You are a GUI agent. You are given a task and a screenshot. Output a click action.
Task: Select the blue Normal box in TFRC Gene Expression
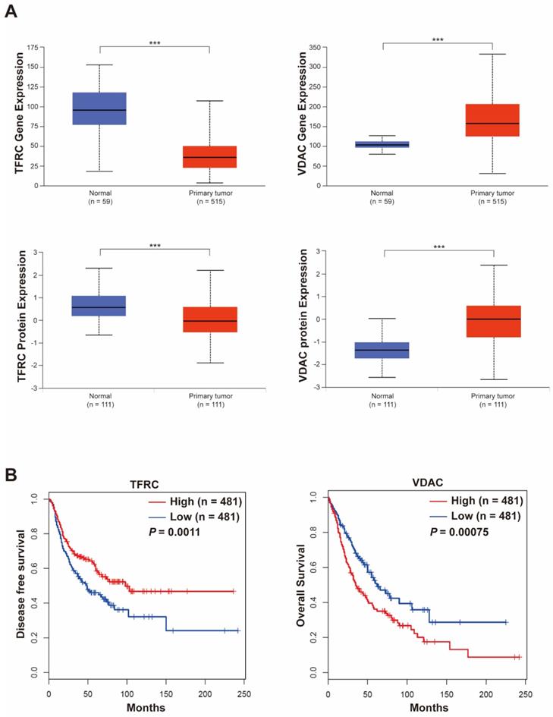click(x=99, y=108)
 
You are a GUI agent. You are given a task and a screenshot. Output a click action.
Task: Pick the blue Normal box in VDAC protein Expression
click(x=383, y=351)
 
